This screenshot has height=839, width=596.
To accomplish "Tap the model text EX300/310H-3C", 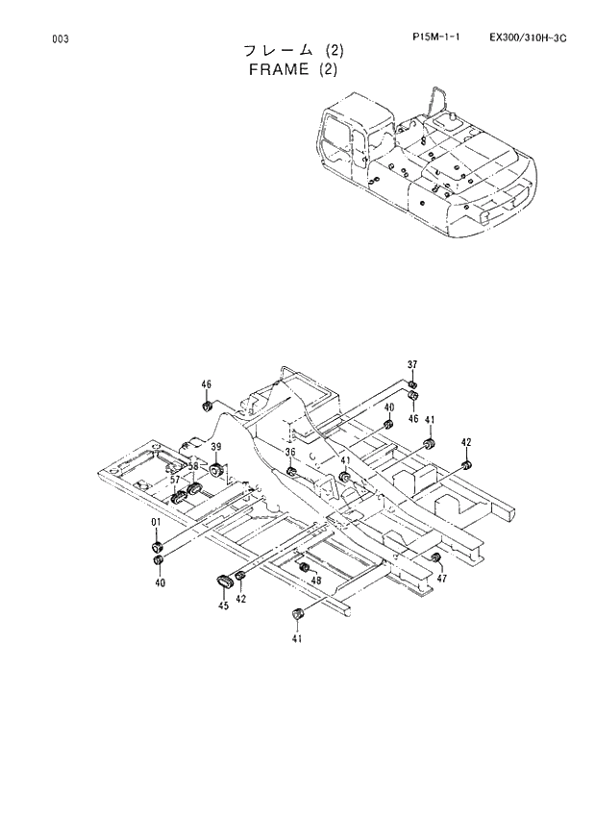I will (x=527, y=37).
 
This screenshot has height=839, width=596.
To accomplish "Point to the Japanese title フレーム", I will (x=280, y=51).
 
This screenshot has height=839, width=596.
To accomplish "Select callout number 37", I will (x=412, y=364).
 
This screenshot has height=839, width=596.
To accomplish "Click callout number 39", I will (x=216, y=447).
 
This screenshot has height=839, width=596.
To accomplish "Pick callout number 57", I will (x=176, y=479).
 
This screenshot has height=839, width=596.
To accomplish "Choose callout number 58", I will (x=193, y=467).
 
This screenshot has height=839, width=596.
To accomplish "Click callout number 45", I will (x=223, y=605).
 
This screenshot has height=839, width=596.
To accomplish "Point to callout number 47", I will (x=441, y=578).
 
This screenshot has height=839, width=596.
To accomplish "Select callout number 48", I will (x=315, y=580).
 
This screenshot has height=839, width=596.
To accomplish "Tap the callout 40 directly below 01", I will (x=160, y=582).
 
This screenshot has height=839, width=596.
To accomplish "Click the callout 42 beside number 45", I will (x=241, y=599).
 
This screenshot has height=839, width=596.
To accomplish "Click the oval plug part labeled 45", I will (x=225, y=580).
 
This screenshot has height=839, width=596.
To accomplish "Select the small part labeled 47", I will (x=435, y=559).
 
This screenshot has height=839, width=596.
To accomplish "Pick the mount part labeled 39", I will (x=217, y=468).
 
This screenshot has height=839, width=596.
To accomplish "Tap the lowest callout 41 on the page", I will (x=297, y=638).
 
